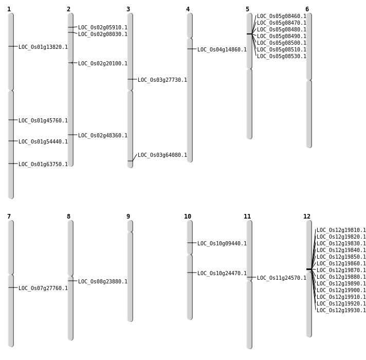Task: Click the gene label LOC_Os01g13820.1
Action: point(43,47)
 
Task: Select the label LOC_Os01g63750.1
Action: point(43,165)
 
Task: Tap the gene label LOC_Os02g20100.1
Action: point(103,64)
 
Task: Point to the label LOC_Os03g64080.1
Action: point(162,155)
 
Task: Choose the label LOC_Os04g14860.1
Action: point(222,50)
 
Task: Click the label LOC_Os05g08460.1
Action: point(282,16)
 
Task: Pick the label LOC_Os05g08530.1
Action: point(282,57)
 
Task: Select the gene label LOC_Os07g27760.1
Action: point(43,289)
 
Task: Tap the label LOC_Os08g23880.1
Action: point(103,282)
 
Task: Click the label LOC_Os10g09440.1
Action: point(222,244)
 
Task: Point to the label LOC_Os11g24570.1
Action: point(282,278)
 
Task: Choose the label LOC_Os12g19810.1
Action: point(341,230)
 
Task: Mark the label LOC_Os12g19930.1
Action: point(341,311)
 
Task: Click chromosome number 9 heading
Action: point(129,217)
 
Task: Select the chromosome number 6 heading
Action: point(307,9)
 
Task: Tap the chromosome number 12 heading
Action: point(307,217)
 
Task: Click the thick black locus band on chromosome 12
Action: point(309,269)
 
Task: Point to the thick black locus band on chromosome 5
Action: point(249,34)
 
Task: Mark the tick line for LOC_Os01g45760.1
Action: point(12,120)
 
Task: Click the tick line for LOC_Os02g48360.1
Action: point(72,135)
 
